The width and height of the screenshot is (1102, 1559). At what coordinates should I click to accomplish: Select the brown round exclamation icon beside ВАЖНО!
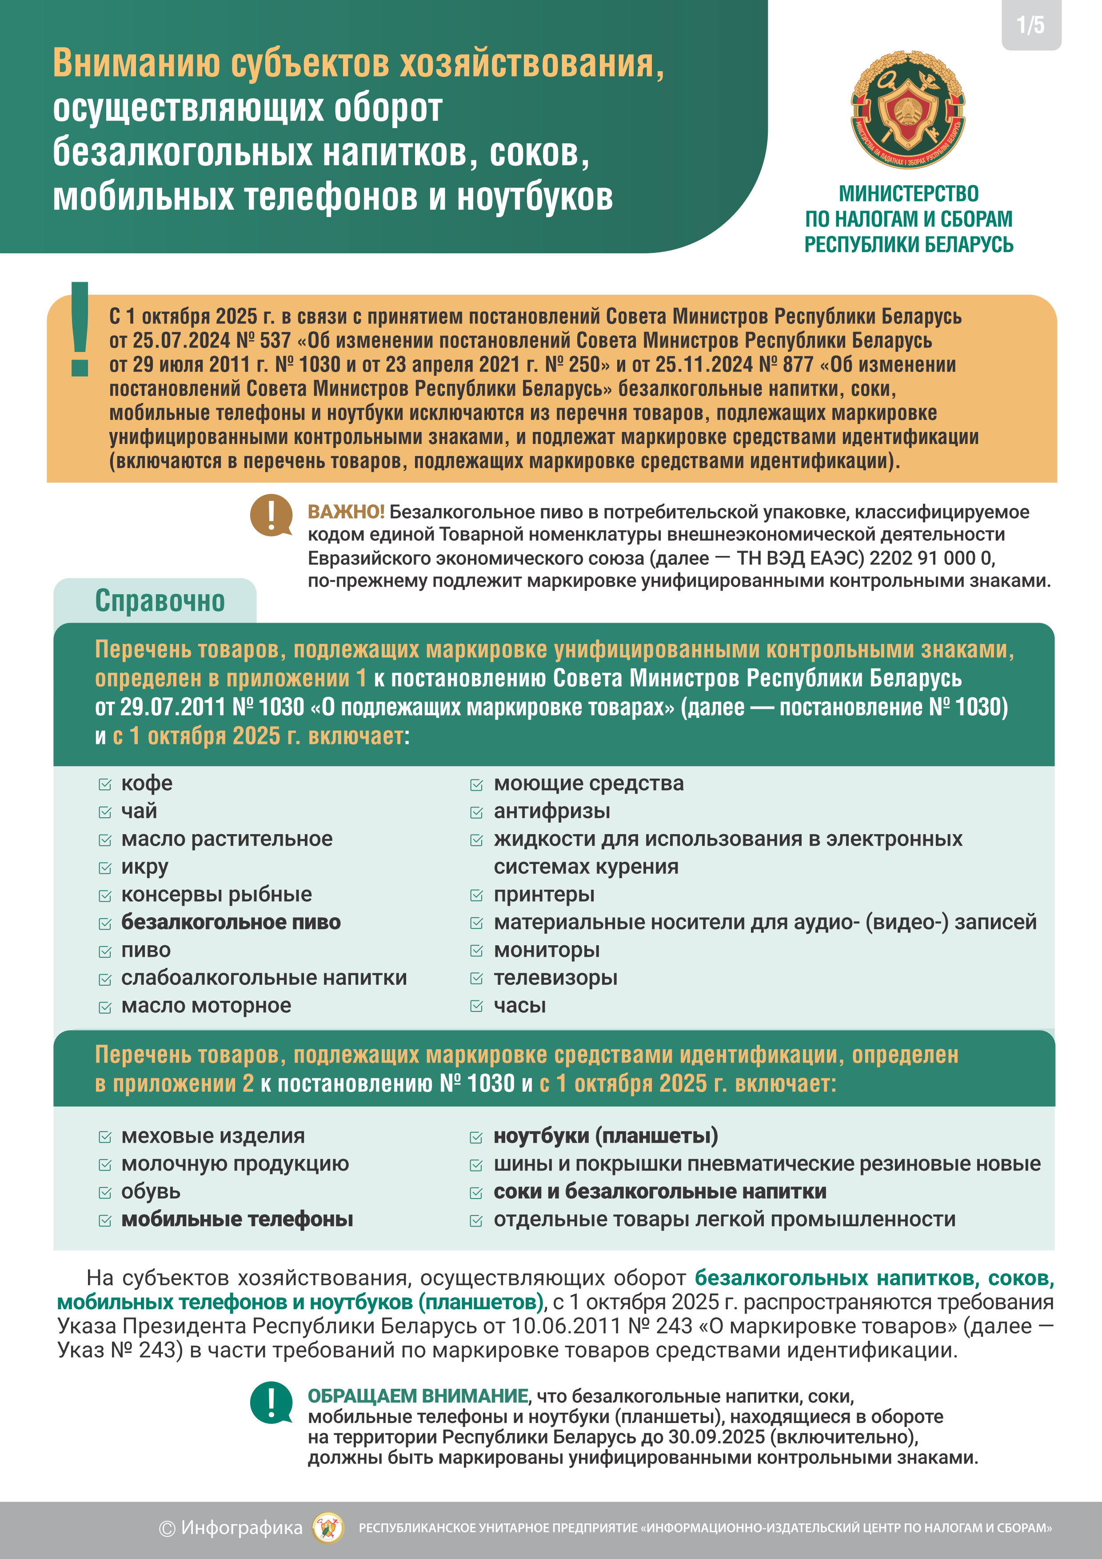click(271, 515)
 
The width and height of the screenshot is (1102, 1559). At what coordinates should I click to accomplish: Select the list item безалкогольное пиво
click(231, 922)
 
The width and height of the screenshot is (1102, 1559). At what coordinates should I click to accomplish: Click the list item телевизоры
click(555, 978)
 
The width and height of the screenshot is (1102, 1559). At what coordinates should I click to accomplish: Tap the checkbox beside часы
click(477, 1006)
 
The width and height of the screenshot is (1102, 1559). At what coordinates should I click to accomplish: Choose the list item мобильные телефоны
click(237, 1219)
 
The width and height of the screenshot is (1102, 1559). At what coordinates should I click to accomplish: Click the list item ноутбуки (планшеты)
click(606, 1136)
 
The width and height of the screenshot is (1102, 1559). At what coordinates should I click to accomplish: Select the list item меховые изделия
click(212, 1136)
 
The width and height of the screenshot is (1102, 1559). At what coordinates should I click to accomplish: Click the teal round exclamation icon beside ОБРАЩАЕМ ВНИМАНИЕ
click(271, 1402)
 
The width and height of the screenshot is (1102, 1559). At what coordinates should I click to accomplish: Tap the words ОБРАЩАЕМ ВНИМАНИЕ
click(418, 1396)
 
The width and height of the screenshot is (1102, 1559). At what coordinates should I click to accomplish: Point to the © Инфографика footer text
click(231, 1528)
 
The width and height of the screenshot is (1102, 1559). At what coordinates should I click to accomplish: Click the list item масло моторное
click(206, 1006)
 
